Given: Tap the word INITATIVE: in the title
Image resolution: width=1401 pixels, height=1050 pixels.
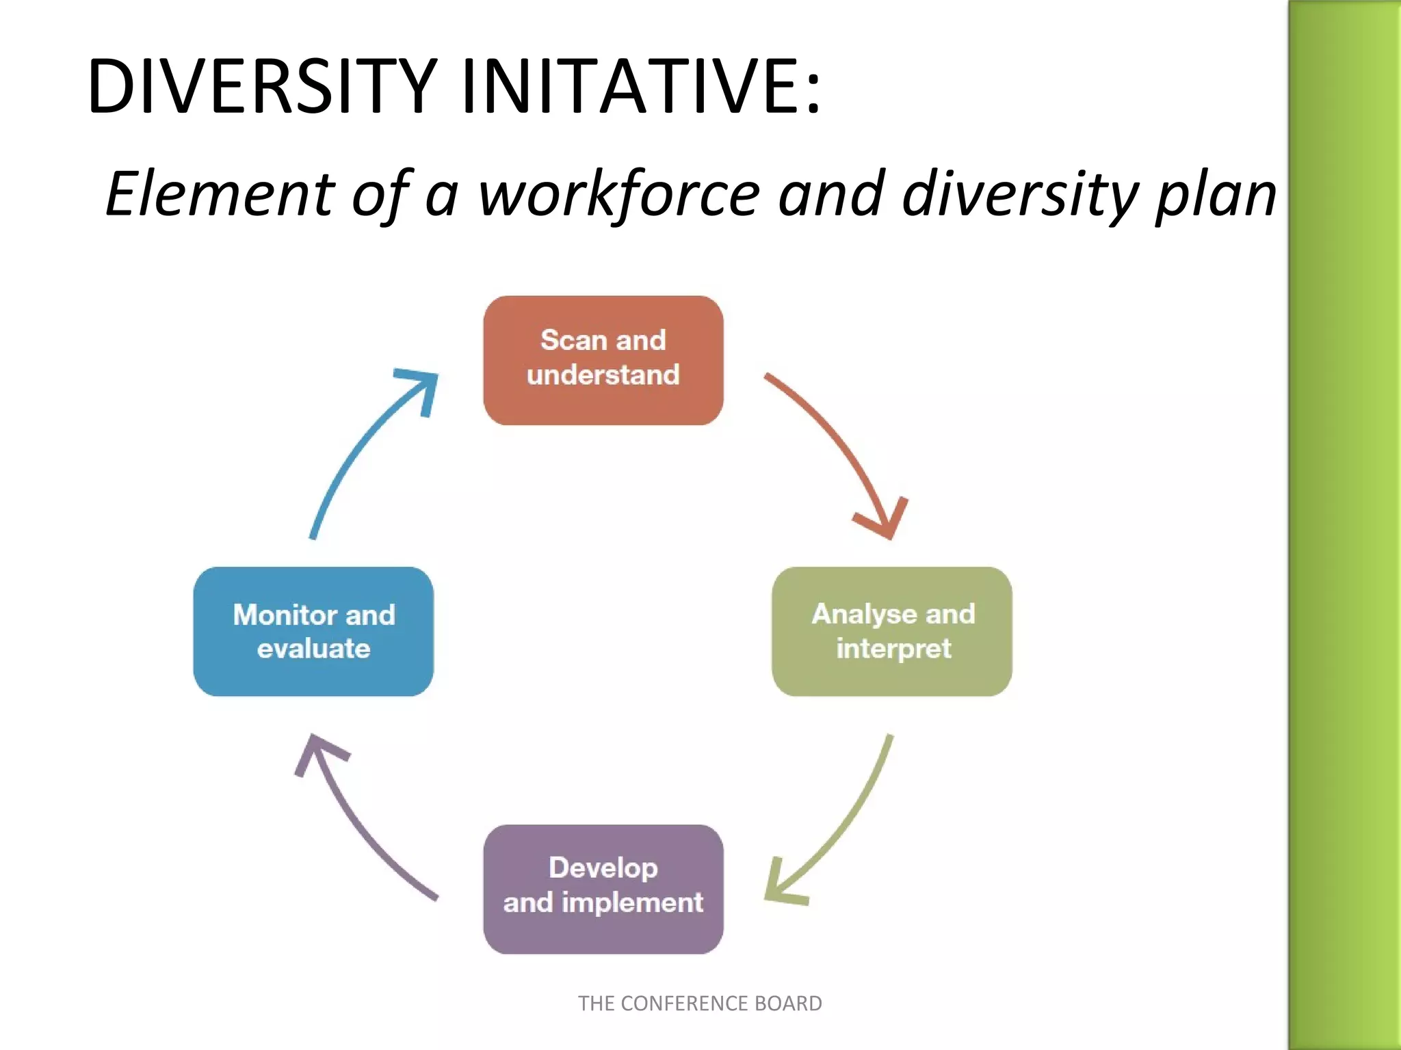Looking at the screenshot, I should (x=640, y=87).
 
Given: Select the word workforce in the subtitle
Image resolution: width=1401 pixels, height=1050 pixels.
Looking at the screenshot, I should (x=619, y=194).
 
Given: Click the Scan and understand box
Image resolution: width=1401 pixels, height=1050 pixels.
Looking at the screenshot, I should (x=603, y=360).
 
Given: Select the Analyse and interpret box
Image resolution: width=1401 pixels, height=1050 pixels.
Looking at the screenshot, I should (x=891, y=631).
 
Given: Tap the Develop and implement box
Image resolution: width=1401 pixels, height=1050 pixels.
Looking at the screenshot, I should (x=603, y=889).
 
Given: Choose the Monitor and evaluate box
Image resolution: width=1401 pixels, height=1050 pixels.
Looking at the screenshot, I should (x=313, y=631).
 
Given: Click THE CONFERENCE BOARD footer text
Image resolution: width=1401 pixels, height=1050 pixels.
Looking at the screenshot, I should (x=700, y=1003).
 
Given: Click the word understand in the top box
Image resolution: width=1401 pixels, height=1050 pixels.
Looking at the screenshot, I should (x=603, y=375).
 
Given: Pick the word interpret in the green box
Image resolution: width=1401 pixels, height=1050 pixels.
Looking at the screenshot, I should (x=893, y=648).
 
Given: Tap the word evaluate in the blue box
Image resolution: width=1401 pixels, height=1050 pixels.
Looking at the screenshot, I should (x=313, y=648).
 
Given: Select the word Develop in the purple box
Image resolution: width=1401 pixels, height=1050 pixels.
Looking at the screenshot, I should (x=603, y=867).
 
